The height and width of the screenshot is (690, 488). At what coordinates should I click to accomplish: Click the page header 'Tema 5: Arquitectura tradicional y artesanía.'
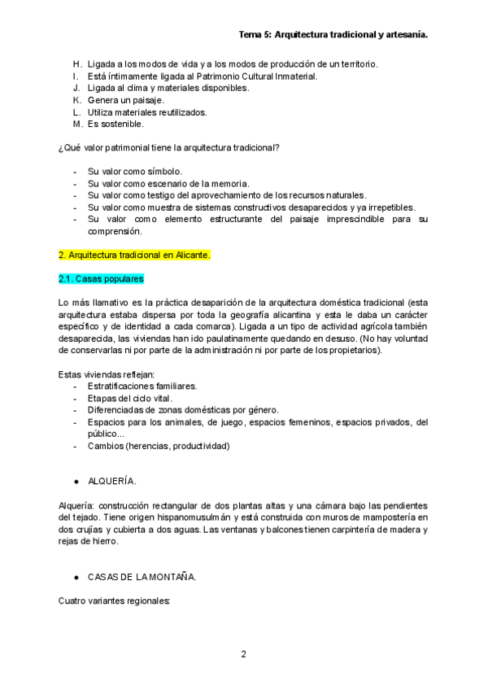point(333,36)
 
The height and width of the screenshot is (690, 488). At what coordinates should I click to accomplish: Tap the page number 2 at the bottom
point(243,654)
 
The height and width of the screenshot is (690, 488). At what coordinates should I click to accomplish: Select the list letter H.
point(76,63)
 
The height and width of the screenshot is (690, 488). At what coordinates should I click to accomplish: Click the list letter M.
point(77,124)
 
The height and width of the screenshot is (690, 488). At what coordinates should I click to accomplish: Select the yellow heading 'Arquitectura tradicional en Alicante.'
point(135,255)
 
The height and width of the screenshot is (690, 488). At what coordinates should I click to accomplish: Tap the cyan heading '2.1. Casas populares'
point(102,279)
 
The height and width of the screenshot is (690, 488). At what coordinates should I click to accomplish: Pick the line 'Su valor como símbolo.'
point(135,171)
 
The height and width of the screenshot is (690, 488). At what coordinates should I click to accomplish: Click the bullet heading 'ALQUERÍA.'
point(112,481)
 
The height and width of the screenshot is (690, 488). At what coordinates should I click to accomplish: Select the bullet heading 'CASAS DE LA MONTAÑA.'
point(142,578)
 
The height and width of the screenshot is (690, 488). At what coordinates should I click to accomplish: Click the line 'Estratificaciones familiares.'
point(142,386)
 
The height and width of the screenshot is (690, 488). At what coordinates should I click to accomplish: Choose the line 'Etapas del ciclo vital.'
point(129,398)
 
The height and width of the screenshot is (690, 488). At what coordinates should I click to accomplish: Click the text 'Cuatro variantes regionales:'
point(115,601)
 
